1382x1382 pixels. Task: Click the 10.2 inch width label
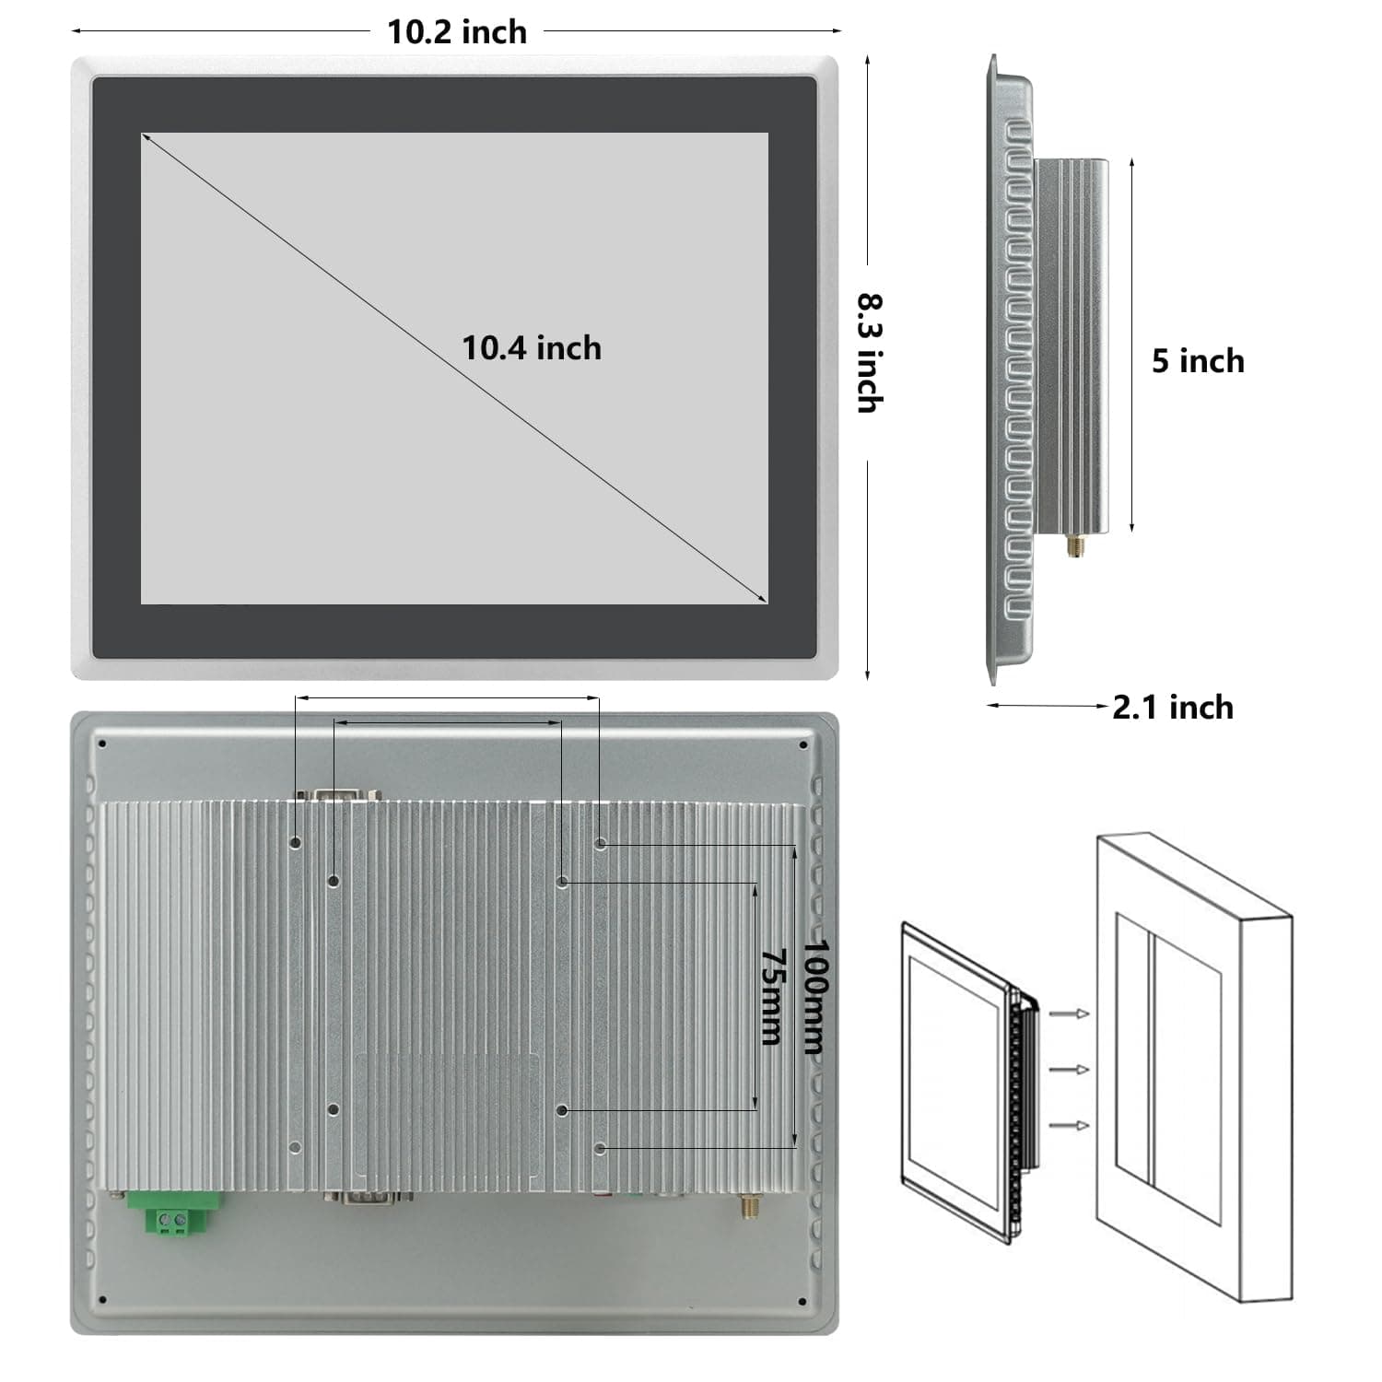tap(456, 32)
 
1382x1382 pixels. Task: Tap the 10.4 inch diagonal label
tap(531, 348)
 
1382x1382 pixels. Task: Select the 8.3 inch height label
tap(870, 353)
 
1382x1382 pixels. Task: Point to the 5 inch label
tap(1197, 361)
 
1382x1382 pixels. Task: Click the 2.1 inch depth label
tap(1172, 707)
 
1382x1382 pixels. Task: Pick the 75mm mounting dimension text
tap(772, 997)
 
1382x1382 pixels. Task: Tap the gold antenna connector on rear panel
tap(744, 1206)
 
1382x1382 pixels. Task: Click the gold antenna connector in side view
tap(1074, 546)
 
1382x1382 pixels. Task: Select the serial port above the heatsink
tap(337, 794)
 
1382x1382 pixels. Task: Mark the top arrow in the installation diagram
tap(1070, 1013)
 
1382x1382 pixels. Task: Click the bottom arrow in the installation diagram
tap(1070, 1126)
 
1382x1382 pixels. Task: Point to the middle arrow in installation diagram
tap(1070, 1070)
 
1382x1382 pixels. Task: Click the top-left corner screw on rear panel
tap(102, 744)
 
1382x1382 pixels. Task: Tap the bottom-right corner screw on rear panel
tap(803, 1302)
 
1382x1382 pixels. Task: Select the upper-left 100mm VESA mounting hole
tap(296, 842)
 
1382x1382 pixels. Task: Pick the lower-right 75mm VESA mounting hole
tap(563, 1110)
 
